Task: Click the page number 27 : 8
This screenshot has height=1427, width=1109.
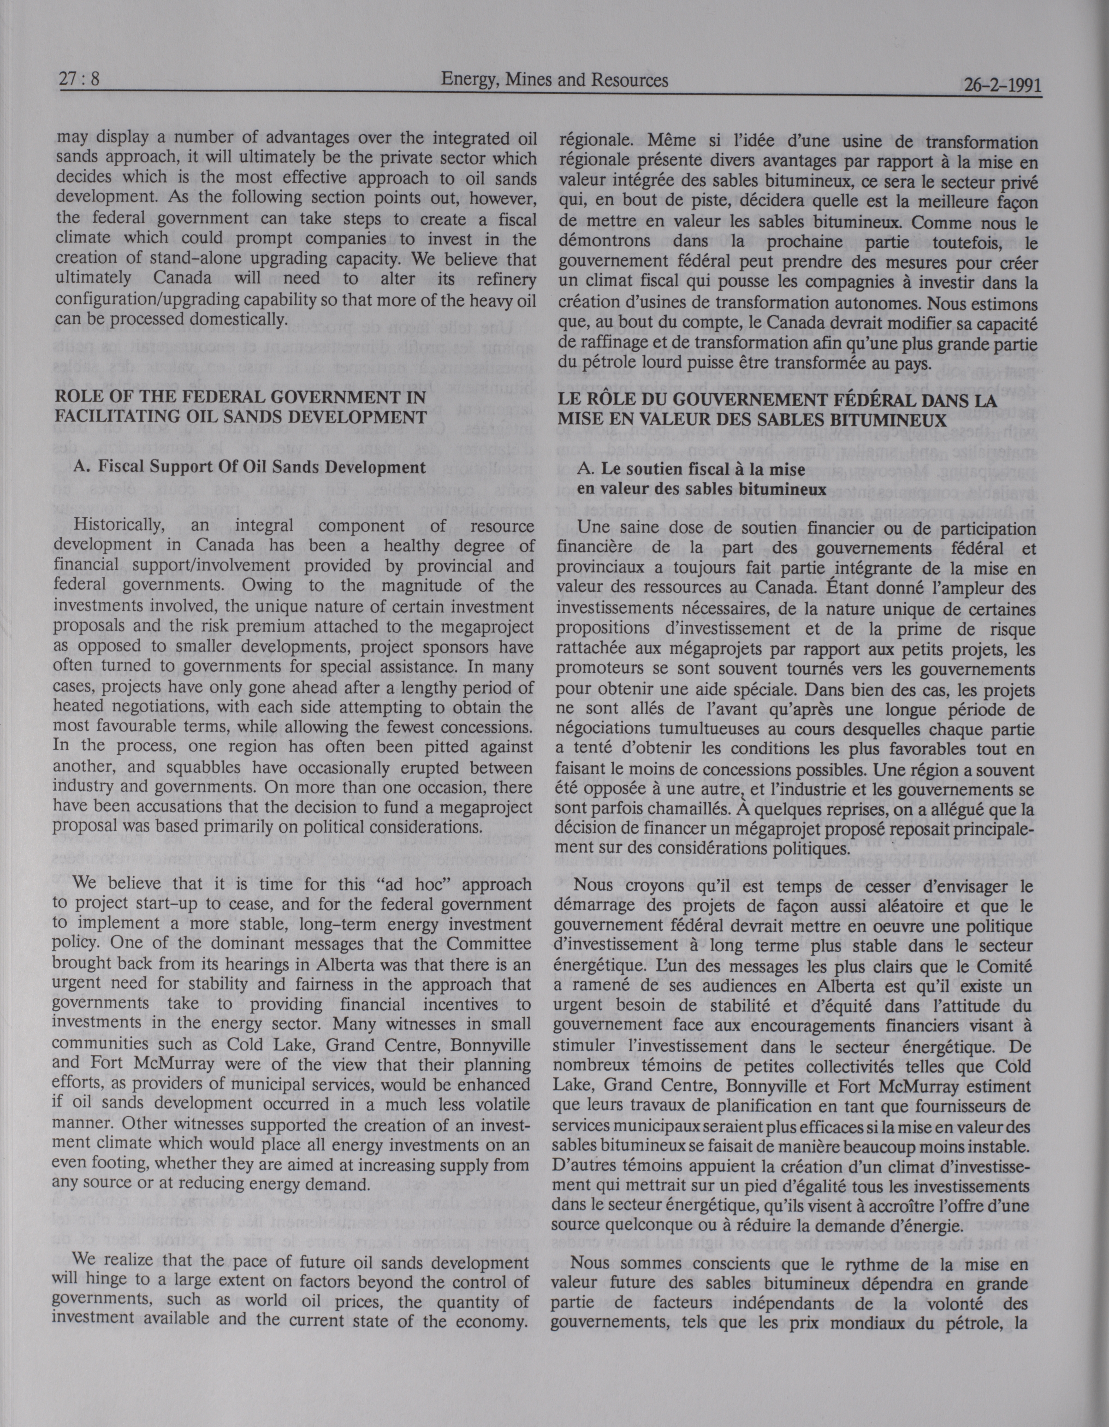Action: [78, 80]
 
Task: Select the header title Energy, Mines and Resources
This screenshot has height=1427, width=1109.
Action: [554, 80]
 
